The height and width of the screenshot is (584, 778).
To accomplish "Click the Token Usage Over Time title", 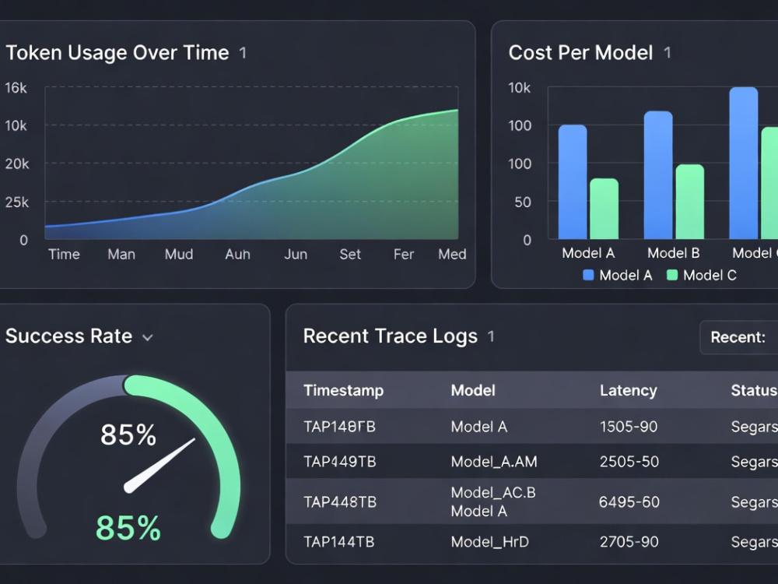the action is point(117,53).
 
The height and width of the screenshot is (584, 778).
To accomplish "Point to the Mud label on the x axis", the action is point(179,255).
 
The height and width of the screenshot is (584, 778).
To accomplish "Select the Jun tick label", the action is point(296,255).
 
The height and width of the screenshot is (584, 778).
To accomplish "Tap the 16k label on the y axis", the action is point(16,88).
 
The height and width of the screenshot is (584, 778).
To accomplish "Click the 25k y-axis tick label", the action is point(17,202).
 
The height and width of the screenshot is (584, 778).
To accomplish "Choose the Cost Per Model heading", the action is point(580,53).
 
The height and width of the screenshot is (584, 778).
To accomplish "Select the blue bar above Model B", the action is point(658,174).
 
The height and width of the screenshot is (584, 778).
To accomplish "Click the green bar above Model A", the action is point(604,209).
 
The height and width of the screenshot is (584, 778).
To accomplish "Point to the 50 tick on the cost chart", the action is point(523,202).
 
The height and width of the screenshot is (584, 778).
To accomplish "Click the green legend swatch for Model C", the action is point(672,275).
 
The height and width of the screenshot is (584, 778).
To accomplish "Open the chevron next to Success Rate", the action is point(147,338).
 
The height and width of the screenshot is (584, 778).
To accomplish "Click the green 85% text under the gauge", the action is point(128,527).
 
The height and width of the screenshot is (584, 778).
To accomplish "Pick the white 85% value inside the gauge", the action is point(128,434).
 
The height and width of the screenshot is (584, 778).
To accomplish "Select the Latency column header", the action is point(628,390).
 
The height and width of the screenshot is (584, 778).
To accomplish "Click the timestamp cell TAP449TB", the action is point(340,462).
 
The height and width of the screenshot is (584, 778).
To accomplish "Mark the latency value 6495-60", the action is point(629,502).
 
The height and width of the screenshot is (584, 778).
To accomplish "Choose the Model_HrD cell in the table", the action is point(489,542).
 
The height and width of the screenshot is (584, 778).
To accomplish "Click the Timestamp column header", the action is point(343,390).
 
